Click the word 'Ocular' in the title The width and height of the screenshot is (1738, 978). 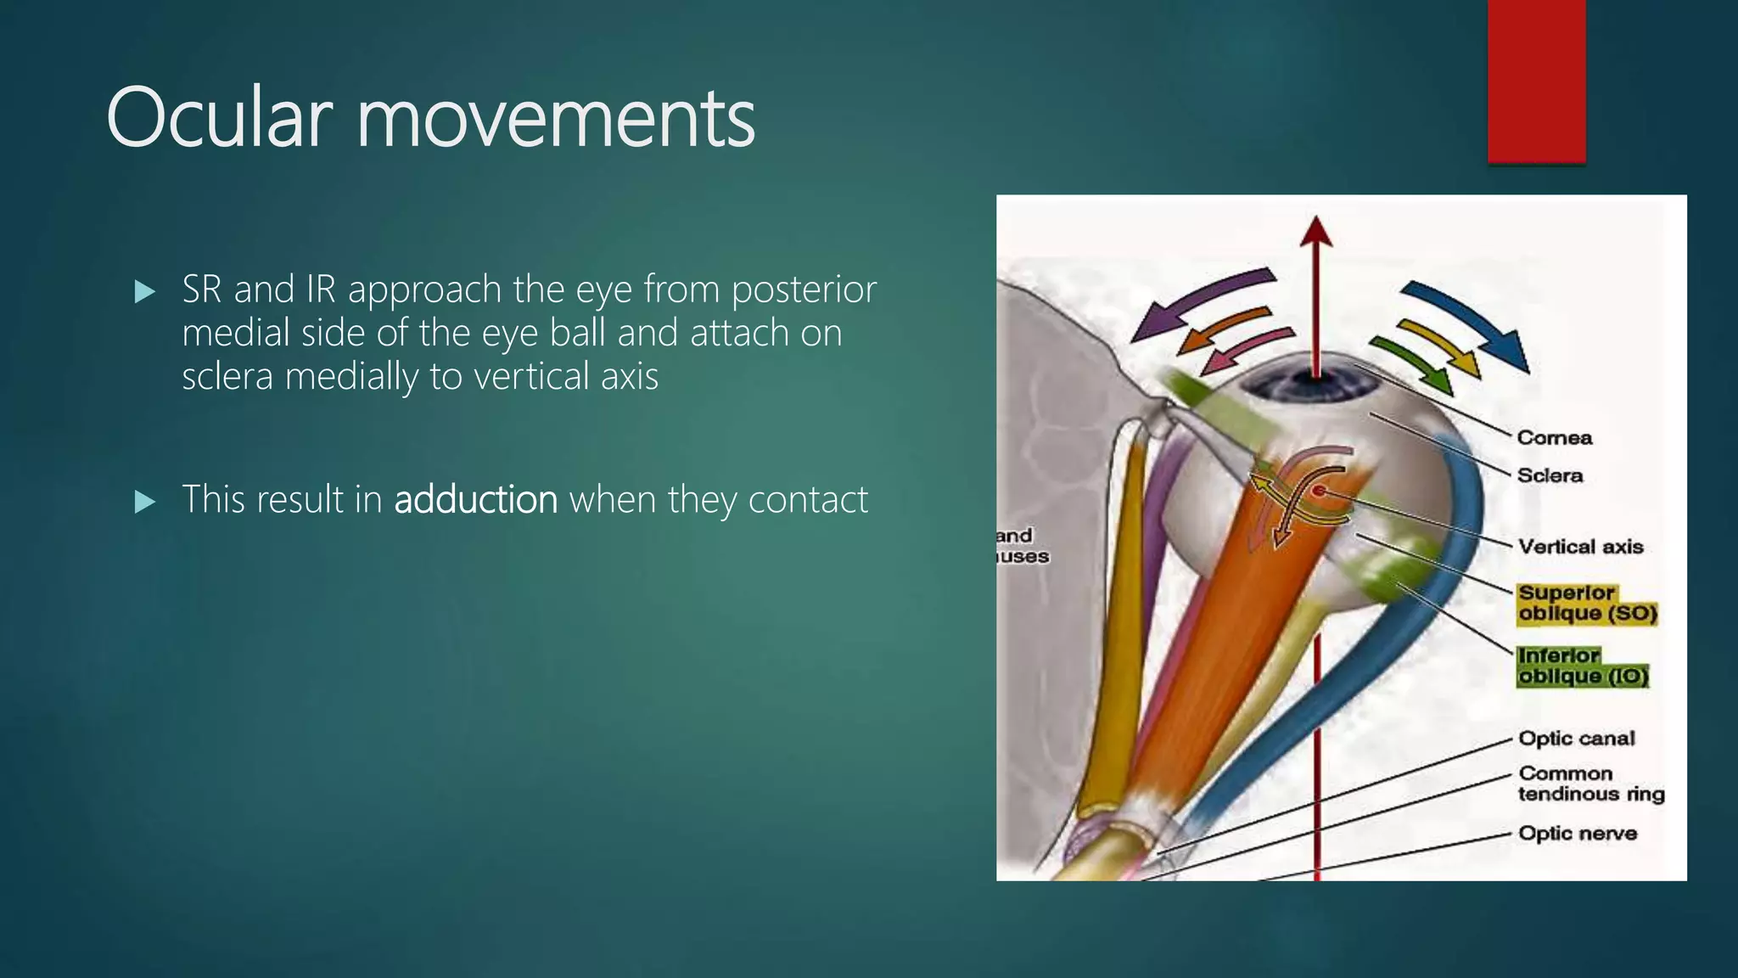click(x=218, y=118)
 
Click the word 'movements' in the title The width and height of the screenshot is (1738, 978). click(x=555, y=120)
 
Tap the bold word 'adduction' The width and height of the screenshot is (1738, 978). click(x=475, y=499)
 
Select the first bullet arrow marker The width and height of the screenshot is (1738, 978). click(x=145, y=292)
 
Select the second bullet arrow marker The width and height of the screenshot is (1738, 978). click(x=145, y=502)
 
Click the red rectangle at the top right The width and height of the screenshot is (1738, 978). click(x=1536, y=81)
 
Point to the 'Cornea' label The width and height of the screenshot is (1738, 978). click(x=1554, y=437)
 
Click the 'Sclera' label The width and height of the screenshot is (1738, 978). click(x=1550, y=475)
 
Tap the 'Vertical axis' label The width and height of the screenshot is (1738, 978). click(x=1580, y=547)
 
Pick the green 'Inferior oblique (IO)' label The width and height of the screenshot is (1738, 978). click(x=1583, y=666)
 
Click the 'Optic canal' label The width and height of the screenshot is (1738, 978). click(x=1576, y=738)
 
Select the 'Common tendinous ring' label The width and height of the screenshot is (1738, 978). click(x=1590, y=784)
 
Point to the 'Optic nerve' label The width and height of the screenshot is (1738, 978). click(x=1577, y=833)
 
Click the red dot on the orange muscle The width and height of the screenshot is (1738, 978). click(x=1319, y=491)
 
